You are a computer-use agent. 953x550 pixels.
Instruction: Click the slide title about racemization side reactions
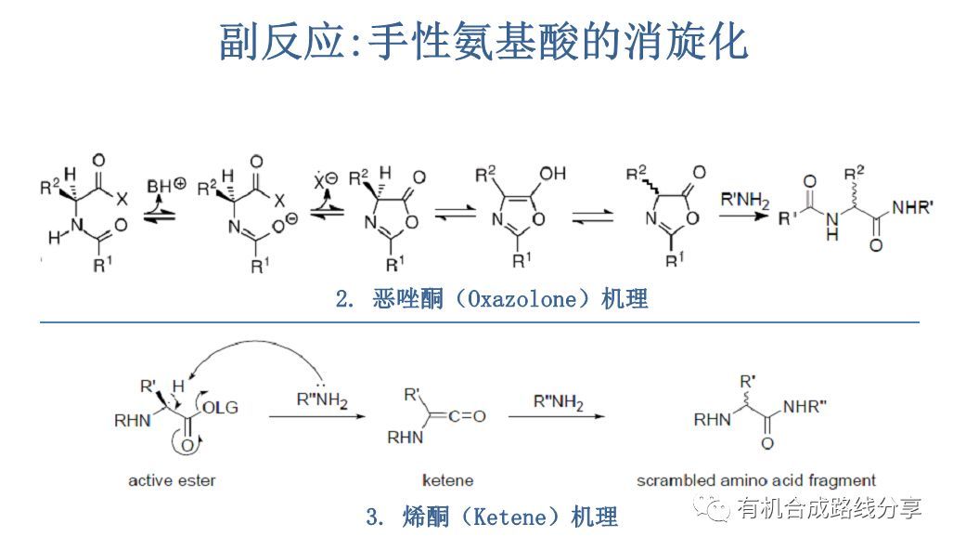pyautogui.click(x=483, y=42)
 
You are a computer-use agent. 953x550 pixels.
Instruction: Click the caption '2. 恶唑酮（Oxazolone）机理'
pyautogui.click(x=492, y=299)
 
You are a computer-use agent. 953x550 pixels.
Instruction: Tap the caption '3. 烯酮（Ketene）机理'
pyautogui.click(x=492, y=517)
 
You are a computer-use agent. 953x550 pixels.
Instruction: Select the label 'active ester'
pyautogui.click(x=172, y=480)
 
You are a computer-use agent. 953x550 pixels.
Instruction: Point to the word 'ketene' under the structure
pyautogui.click(x=447, y=480)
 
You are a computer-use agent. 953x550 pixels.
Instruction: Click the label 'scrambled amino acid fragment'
pyautogui.click(x=756, y=480)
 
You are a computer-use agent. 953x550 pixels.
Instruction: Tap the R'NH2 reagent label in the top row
pyautogui.click(x=744, y=198)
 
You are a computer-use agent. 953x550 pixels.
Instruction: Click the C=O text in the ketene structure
pyautogui.click(x=466, y=415)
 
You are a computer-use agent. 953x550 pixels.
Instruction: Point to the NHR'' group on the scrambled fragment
pyautogui.click(x=812, y=406)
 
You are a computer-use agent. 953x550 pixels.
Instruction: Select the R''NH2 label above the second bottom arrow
pyautogui.click(x=557, y=402)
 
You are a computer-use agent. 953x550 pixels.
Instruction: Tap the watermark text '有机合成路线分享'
pyautogui.click(x=829, y=508)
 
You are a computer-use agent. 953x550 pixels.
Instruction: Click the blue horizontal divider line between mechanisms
pyautogui.click(x=478, y=322)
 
